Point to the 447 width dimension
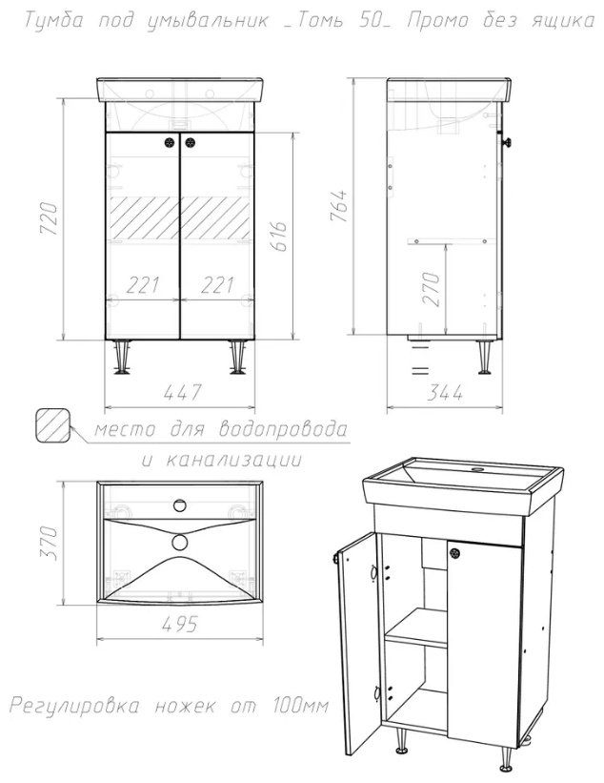coord(180,391)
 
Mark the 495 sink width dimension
coord(178,625)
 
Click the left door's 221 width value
coord(143,285)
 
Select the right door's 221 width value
coord(217,285)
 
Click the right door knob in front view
coord(191,143)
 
